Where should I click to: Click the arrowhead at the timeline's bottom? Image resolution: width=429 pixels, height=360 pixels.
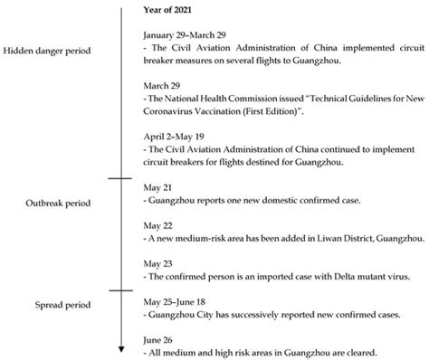pos(119,349)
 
